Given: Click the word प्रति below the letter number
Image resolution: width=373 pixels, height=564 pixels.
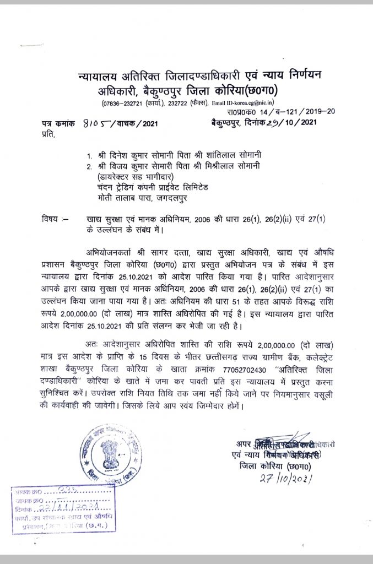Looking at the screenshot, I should [48, 133].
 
